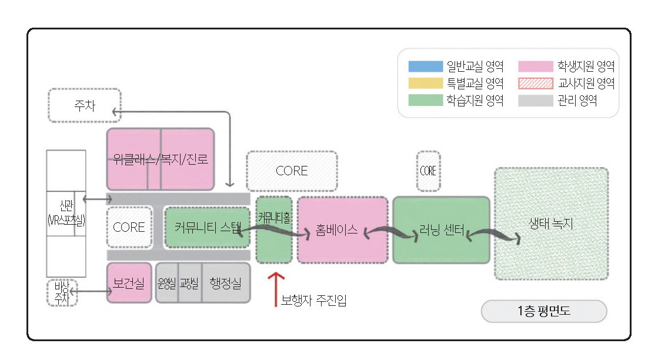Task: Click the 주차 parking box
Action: pos(84,106)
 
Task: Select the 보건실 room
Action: pos(129,283)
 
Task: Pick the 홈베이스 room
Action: pos(342,230)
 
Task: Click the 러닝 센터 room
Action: pos(441,230)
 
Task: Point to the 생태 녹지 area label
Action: pos(551,224)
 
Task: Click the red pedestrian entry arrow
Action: pos(276,288)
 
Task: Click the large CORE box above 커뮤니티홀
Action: pos(292,171)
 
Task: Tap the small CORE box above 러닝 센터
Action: pos(428,171)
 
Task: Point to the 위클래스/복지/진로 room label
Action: pos(161,158)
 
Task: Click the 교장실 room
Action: pos(189,283)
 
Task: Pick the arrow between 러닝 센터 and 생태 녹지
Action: pos(494,235)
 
